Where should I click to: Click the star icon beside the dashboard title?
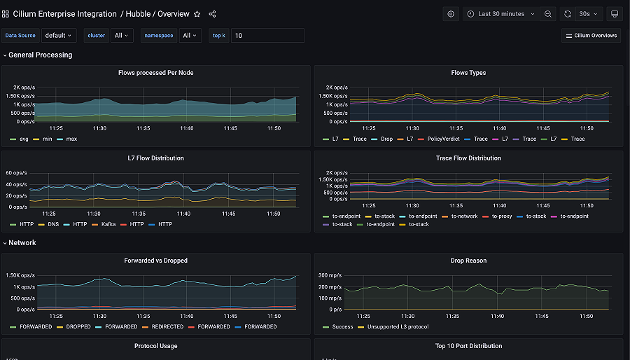click(197, 14)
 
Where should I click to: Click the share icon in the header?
click(213, 14)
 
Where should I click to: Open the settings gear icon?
click(451, 14)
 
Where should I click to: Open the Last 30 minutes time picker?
click(500, 14)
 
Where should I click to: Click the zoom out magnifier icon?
click(548, 14)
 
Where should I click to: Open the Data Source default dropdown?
click(57, 36)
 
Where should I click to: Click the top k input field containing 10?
click(267, 36)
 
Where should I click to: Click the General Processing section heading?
click(40, 55)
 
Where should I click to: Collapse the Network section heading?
click(22, 243)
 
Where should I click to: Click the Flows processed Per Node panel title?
click(155, 73)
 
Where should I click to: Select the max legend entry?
click(71, 139)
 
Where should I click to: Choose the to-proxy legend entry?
click(502, 216)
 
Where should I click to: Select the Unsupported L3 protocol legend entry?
click(398, 327)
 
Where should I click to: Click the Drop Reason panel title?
click(468, 261)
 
